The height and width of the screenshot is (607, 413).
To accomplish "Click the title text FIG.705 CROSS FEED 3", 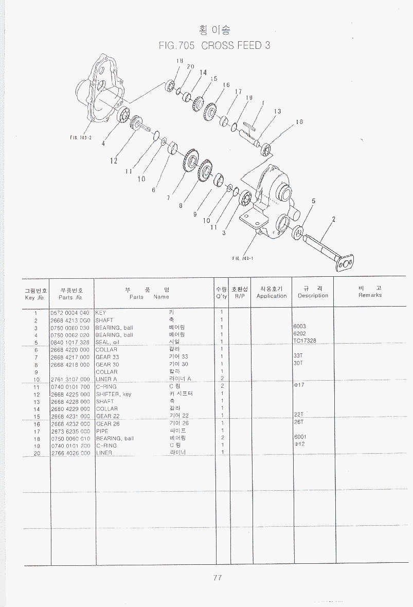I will click(214, 45).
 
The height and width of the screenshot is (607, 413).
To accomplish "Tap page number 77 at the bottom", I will click(217, 578).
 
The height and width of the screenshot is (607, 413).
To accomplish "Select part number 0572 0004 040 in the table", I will click(70, 313).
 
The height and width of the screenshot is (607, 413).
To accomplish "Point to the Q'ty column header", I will click(221, 293).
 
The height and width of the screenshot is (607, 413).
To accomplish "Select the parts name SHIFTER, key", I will click(114, 394).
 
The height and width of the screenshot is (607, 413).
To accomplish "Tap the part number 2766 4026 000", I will click(70, 453).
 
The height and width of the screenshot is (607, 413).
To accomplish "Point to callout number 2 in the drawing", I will click(333, 220).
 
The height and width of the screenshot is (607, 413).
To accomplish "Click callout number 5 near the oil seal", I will click(313, 201).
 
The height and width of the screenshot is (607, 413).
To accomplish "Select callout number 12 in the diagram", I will click(114, 160).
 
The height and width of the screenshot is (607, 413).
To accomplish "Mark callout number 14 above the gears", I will click(203, 73).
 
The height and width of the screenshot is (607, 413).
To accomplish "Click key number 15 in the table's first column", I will click(37, 417).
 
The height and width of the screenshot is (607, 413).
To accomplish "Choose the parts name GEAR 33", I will click(107, 357).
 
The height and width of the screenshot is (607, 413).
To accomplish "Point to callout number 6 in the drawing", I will click(153, 190).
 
